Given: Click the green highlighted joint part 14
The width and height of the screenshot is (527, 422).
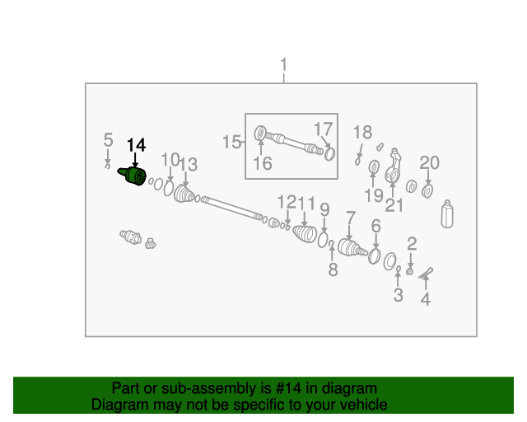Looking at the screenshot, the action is click(x=133, y=176).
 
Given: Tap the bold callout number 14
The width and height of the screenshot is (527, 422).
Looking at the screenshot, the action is click(x=136, y=145).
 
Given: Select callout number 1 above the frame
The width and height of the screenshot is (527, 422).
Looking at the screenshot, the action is click(x=284, y=65).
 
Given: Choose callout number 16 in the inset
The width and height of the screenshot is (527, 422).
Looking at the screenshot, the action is click(x=262, y=163).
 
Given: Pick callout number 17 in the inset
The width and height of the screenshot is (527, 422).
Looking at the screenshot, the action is click(x=323, y=129).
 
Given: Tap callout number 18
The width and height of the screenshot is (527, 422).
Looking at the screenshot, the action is click(x=363, y=133).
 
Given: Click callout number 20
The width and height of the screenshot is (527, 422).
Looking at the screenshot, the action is click(x=429, y=162).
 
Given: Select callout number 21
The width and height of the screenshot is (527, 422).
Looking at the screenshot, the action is click(x=394, y=204).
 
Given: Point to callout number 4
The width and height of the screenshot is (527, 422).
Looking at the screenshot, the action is click(x=426, y=300).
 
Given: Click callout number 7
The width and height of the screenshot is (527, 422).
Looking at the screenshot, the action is click(x=350, y=218).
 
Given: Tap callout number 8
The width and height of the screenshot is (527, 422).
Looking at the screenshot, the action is click(x=333, y=270).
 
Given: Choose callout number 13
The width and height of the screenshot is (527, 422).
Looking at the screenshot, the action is click(x=189, y=165).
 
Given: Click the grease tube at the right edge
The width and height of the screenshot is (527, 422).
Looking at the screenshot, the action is click(x=448, y=213).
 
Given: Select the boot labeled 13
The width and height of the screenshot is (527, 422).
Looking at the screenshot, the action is click(x=184, y=195).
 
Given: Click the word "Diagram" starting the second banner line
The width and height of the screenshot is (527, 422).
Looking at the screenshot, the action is click(x=119, y=405).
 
